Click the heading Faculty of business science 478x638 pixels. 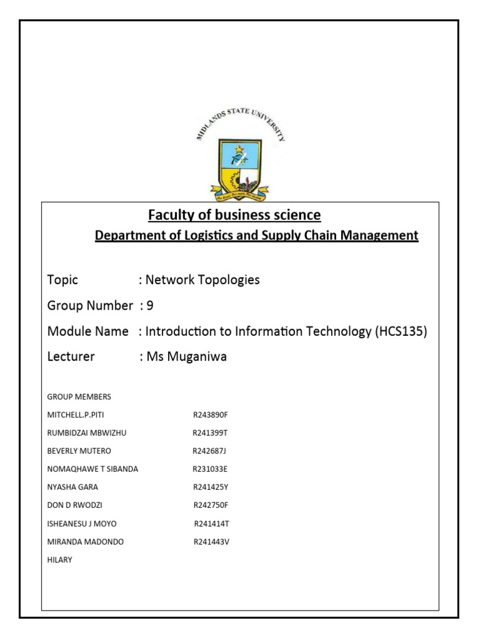[x=234, y=216]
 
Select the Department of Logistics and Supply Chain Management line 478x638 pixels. [x=256, y=236]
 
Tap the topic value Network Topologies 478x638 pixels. [x=202, y=280]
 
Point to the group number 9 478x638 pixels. [x=149, y=305]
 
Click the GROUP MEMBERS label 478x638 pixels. [x=79, y=397]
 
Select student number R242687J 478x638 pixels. [x=212, y=451]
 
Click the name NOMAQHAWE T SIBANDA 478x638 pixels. [x=93, y=469]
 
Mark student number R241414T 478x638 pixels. [x=213, y=523]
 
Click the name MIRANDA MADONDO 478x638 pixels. [x=86, y=541]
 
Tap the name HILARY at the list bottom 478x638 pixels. [x=60, y=559]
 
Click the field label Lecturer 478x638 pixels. [x=71, y=357]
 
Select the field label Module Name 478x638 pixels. [x=88, y=331]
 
